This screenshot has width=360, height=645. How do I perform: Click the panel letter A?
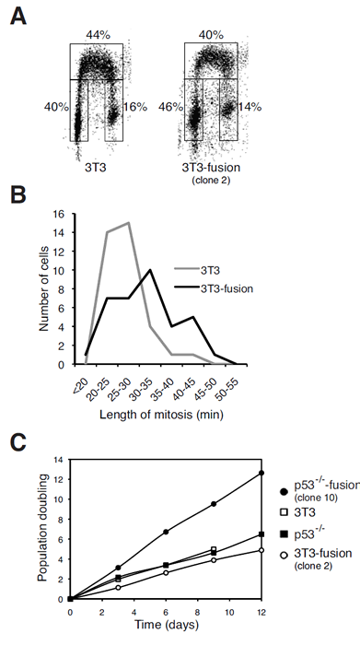[16, 18]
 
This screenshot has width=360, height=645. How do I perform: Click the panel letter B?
[16, 197]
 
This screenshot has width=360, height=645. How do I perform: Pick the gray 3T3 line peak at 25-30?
[128, 222]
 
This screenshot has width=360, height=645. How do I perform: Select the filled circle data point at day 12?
[262, 473]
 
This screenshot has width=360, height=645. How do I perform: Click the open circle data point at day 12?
[262, 550]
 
